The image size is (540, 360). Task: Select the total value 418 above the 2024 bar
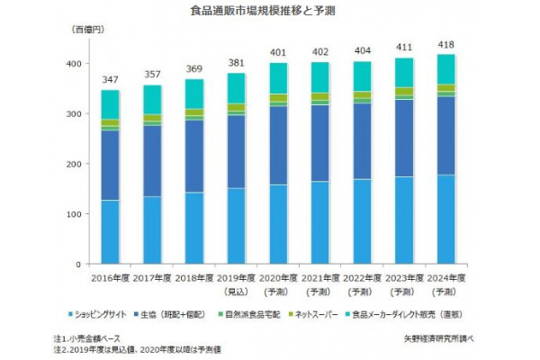(x=418, y=45)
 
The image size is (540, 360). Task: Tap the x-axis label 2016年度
(x=111, y=278)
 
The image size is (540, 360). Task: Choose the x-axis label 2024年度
(x=418, y=278)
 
